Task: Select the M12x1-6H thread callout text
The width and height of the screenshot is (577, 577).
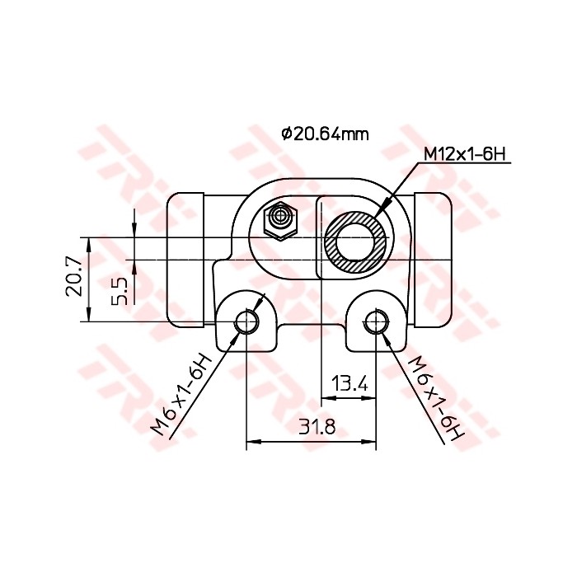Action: tap(463, 154)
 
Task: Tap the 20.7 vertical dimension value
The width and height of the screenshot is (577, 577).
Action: tap(73, 274)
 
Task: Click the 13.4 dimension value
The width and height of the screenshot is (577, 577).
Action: tap(349, 383)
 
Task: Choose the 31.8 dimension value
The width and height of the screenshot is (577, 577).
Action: tap(316, 427)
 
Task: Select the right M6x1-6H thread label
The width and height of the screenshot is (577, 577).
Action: tap(437, 398)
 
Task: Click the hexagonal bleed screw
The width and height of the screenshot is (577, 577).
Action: tap(280, 218)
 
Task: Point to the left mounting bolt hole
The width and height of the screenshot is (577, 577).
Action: tap(246, 322)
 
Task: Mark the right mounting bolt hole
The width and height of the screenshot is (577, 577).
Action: tap(377, 322)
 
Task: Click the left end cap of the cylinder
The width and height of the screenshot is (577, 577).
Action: tap(185, 260)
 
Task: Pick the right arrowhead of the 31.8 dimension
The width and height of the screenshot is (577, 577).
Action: tap(371, 442)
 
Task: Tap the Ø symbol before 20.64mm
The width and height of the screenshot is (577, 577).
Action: tap(286, 134)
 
